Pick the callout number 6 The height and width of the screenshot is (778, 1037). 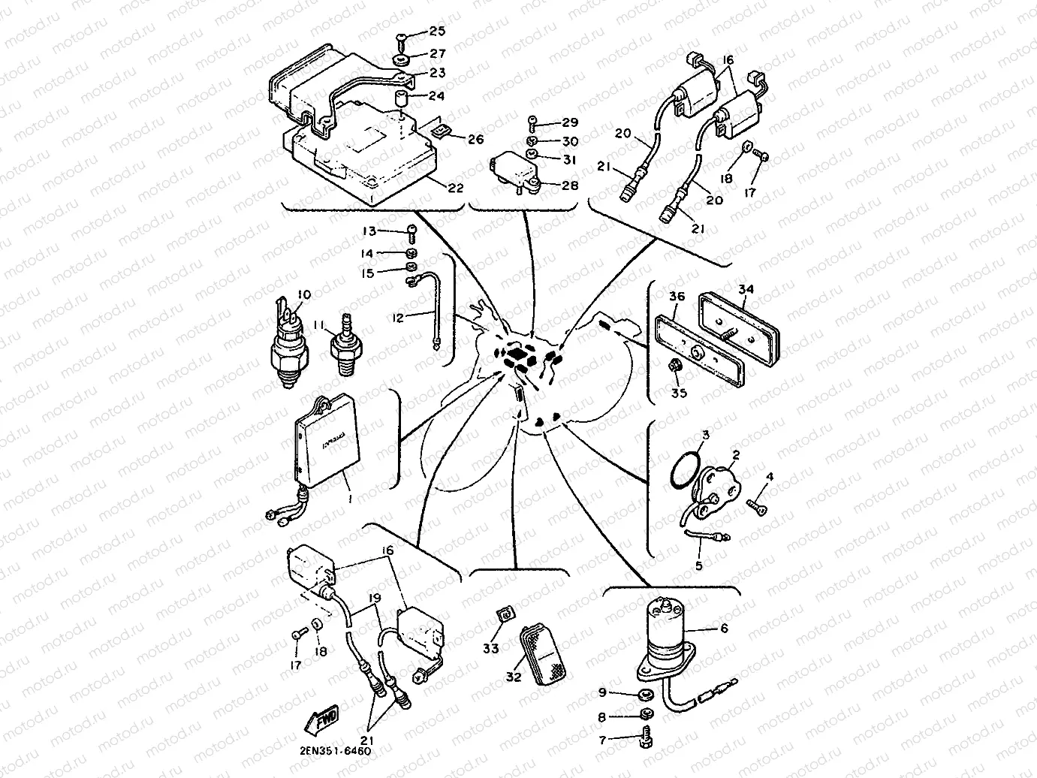tap(724, 629)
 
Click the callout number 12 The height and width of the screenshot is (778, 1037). tap(398, 318)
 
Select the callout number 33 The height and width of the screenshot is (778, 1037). tap(490, 648)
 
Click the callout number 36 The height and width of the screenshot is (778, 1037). tap(677, 297)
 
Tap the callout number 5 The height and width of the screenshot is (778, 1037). tap(698, 565)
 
